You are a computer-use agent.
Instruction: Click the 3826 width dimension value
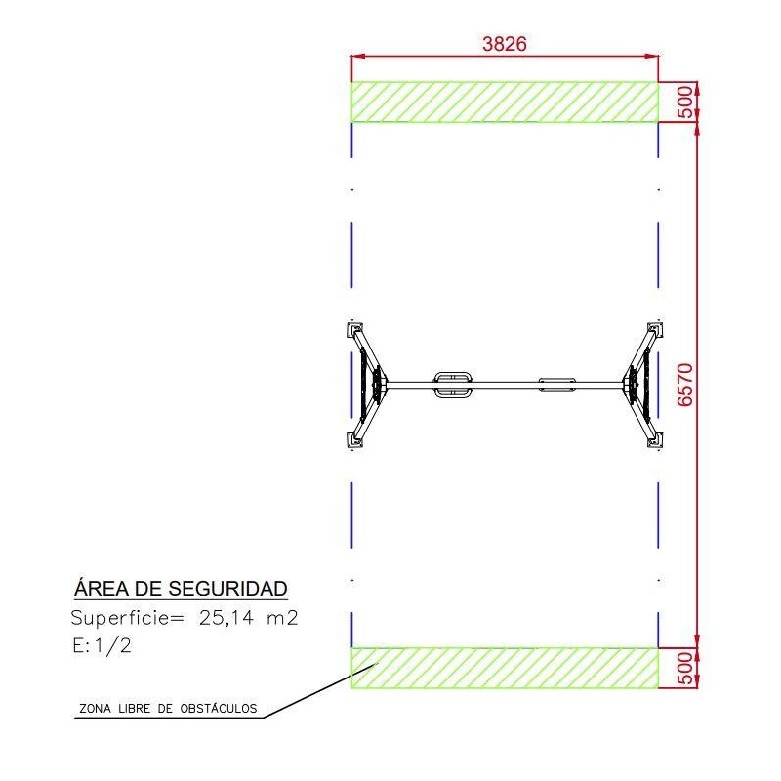coord(504,44)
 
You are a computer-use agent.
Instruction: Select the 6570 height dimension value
coord(685,385)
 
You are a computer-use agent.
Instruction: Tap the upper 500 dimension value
coord(686,102)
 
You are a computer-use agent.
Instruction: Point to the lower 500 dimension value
coord(686,668)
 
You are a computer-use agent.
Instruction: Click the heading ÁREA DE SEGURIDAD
coord(181,588)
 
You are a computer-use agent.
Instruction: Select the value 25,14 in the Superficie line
coord(226,618)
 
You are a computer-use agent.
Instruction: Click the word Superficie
coord(120,618)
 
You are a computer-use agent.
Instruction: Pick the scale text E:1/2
coord(103,646)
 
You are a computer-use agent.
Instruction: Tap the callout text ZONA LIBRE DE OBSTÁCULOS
coord(168,709)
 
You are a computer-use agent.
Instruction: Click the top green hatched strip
coord(505,102)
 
